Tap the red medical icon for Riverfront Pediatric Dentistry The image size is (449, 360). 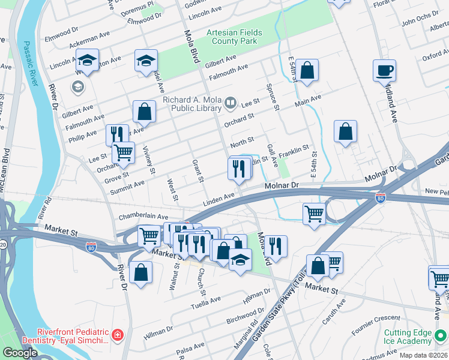point(118,334)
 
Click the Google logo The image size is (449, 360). point(20,353)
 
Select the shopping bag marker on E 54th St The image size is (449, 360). point(307,71)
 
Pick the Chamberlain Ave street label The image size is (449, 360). point(143,216)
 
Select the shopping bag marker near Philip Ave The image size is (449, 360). point(144,112)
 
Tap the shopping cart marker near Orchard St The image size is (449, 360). point(123,153)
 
